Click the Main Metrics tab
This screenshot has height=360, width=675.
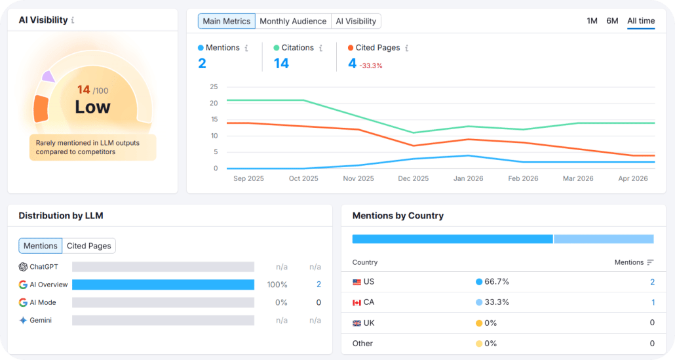point(226,21)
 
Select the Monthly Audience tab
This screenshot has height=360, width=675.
point(293,21)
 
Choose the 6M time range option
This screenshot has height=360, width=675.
point(612,21)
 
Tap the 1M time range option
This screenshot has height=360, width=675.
point(592,21)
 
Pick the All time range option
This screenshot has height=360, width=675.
point(640,21)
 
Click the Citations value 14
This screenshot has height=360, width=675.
point(281,64)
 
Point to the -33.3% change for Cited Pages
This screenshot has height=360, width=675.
point(371,66)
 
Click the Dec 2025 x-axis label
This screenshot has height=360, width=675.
point(413,178)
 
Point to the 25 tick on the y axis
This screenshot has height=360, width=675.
point(214,87)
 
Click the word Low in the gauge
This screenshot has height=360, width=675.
point(92,107)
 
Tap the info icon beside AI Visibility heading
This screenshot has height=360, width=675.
point(73,20)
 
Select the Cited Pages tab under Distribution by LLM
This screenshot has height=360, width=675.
point(89,246)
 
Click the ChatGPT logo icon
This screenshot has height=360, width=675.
point(23,267)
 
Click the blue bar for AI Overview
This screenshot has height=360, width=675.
point(163,285)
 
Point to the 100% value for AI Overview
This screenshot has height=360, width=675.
point(277,285)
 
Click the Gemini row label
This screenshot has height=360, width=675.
point(41,320)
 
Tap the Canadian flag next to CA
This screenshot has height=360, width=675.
point(357,302)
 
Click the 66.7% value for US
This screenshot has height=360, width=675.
point(497,282)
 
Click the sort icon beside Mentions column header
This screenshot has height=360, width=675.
point(650,262)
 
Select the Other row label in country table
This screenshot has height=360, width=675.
point(362,344)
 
